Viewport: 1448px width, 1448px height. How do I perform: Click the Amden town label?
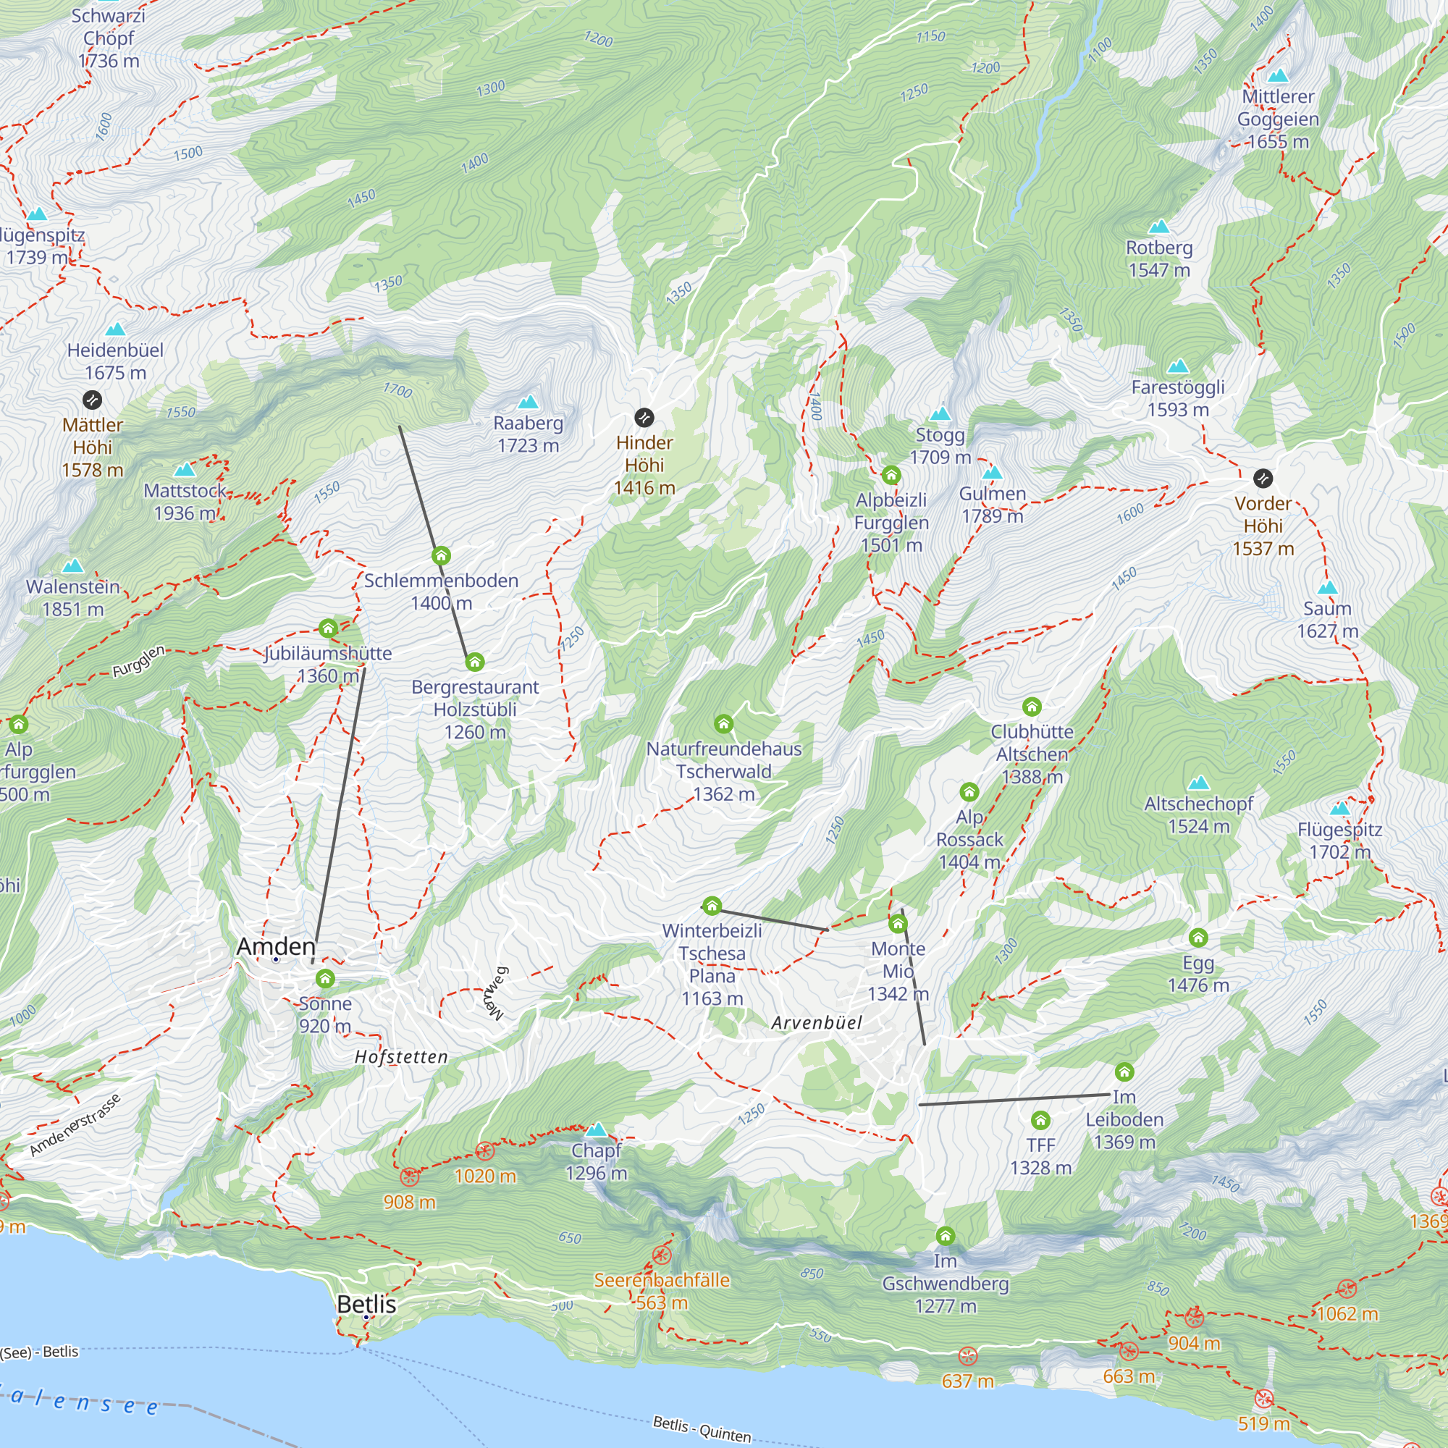tap(276, 946)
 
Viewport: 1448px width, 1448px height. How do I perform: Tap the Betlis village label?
tap(366, 1304)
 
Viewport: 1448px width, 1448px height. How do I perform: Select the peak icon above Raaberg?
tap(529, 402)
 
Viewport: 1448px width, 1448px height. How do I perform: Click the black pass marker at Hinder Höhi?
tap(644, 418)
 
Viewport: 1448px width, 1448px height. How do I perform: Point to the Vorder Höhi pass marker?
tap(1263, 478)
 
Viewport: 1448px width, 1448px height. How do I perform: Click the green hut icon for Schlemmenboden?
tap(442, 555)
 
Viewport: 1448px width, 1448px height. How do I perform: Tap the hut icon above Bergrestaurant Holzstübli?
tap(474, 662)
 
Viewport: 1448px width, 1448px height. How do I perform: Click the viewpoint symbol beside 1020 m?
tap(485, 1150)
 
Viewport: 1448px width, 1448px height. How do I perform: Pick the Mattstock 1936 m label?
tap(185, 502)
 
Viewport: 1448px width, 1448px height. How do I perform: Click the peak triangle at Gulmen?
tap(993, 472)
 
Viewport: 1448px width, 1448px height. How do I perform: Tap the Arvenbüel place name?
tap(816, 1023)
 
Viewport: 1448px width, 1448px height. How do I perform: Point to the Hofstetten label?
tap(401, 1057)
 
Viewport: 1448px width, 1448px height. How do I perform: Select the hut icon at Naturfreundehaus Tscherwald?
tap(723, 724)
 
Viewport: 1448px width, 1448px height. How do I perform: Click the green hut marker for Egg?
tap(1198, 938)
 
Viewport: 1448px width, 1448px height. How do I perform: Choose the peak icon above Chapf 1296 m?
tap(597, 1129)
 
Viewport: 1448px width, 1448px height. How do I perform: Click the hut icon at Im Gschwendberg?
tap(946, 1235)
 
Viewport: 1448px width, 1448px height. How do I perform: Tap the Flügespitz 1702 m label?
tap(1340, 840)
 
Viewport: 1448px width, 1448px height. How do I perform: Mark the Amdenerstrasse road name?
tap(75, 1126)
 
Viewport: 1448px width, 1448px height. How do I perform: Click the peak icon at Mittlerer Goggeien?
tap(1278, 76)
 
